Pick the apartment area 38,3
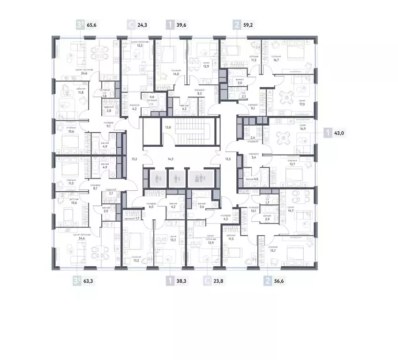[x=181, y=282]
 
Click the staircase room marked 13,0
[x=167, y=127]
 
